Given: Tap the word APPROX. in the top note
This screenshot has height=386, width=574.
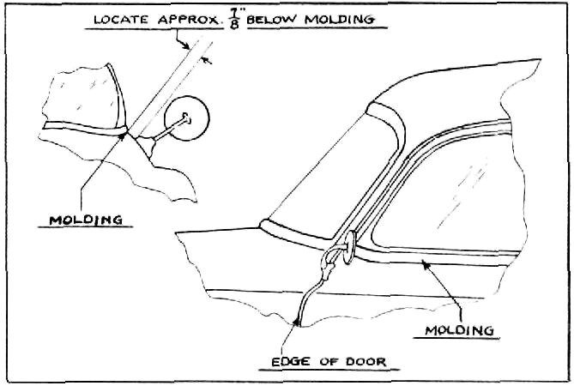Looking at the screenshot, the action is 190,20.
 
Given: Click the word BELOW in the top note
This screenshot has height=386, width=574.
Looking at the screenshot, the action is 272,20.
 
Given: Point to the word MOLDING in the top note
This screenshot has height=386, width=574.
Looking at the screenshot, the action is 340,20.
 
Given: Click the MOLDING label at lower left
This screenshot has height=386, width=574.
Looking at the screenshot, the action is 86,220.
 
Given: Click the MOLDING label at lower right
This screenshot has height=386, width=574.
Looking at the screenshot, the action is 459,330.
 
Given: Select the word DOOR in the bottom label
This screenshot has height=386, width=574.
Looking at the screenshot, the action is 366,361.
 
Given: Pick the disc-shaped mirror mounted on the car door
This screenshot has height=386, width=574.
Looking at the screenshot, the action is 349,247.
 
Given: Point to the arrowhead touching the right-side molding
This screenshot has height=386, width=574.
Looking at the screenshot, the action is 426,264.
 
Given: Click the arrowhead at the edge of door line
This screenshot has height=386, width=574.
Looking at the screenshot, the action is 298,322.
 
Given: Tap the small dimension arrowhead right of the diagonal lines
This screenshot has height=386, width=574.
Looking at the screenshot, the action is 208,61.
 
